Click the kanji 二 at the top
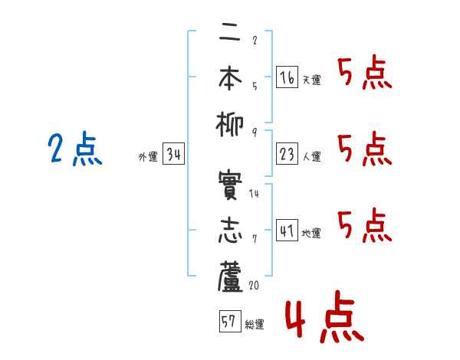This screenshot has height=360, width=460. coord(230,35)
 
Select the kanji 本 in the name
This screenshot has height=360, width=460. coord(230,77)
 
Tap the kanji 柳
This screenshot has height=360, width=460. coord(230,125)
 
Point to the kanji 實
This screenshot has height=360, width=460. coord(230,185)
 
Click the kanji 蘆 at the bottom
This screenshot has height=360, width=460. coord(230,277)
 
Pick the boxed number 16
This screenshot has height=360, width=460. coord(287,77)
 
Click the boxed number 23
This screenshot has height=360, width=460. coord(287,154)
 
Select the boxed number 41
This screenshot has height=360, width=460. coord(287,231)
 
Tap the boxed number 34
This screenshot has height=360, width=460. coord(173,154)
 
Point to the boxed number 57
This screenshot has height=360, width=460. coord(230,321)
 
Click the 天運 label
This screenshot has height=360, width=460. coord(311,80)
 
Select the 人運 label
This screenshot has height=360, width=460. coord(311,156)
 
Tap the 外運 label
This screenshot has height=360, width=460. coord(148,156)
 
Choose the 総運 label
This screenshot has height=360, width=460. coord(255,325)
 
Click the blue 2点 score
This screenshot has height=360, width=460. coord(75,149)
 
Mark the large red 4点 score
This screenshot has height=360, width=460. coord(325,316)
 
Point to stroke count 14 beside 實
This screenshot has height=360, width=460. coord(254,194)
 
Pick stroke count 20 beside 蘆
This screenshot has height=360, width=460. coord(254,285)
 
